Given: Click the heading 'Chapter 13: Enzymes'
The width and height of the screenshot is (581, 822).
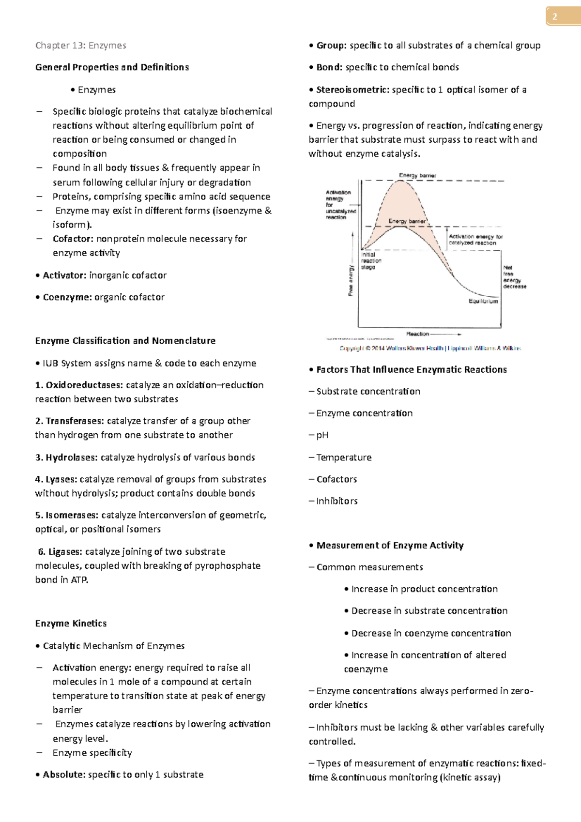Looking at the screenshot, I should (80, 46).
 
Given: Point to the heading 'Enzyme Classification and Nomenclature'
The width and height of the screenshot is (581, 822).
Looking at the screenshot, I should (125, 341).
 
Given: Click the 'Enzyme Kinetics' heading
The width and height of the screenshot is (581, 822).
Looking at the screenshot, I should (71, 624).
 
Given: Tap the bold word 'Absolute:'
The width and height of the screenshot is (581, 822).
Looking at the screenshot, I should (64, 775).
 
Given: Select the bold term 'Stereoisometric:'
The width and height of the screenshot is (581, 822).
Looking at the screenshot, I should (352, 90).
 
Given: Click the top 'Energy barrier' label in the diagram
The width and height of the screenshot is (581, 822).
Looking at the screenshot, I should (417, 175).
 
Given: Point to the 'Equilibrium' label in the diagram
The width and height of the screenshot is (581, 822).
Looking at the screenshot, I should (483, 301).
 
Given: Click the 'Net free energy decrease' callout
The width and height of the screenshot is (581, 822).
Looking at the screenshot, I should (514, 277).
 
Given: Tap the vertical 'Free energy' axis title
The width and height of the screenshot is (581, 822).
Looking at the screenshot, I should (351, 280).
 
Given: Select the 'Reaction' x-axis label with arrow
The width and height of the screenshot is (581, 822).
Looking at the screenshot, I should (433, 334).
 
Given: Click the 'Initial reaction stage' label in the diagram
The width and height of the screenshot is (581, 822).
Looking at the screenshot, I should (371, 260).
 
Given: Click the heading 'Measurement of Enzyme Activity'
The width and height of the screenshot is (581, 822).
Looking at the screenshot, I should (390, 546).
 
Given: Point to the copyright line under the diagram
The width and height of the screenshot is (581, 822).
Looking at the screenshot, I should (430, 348).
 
